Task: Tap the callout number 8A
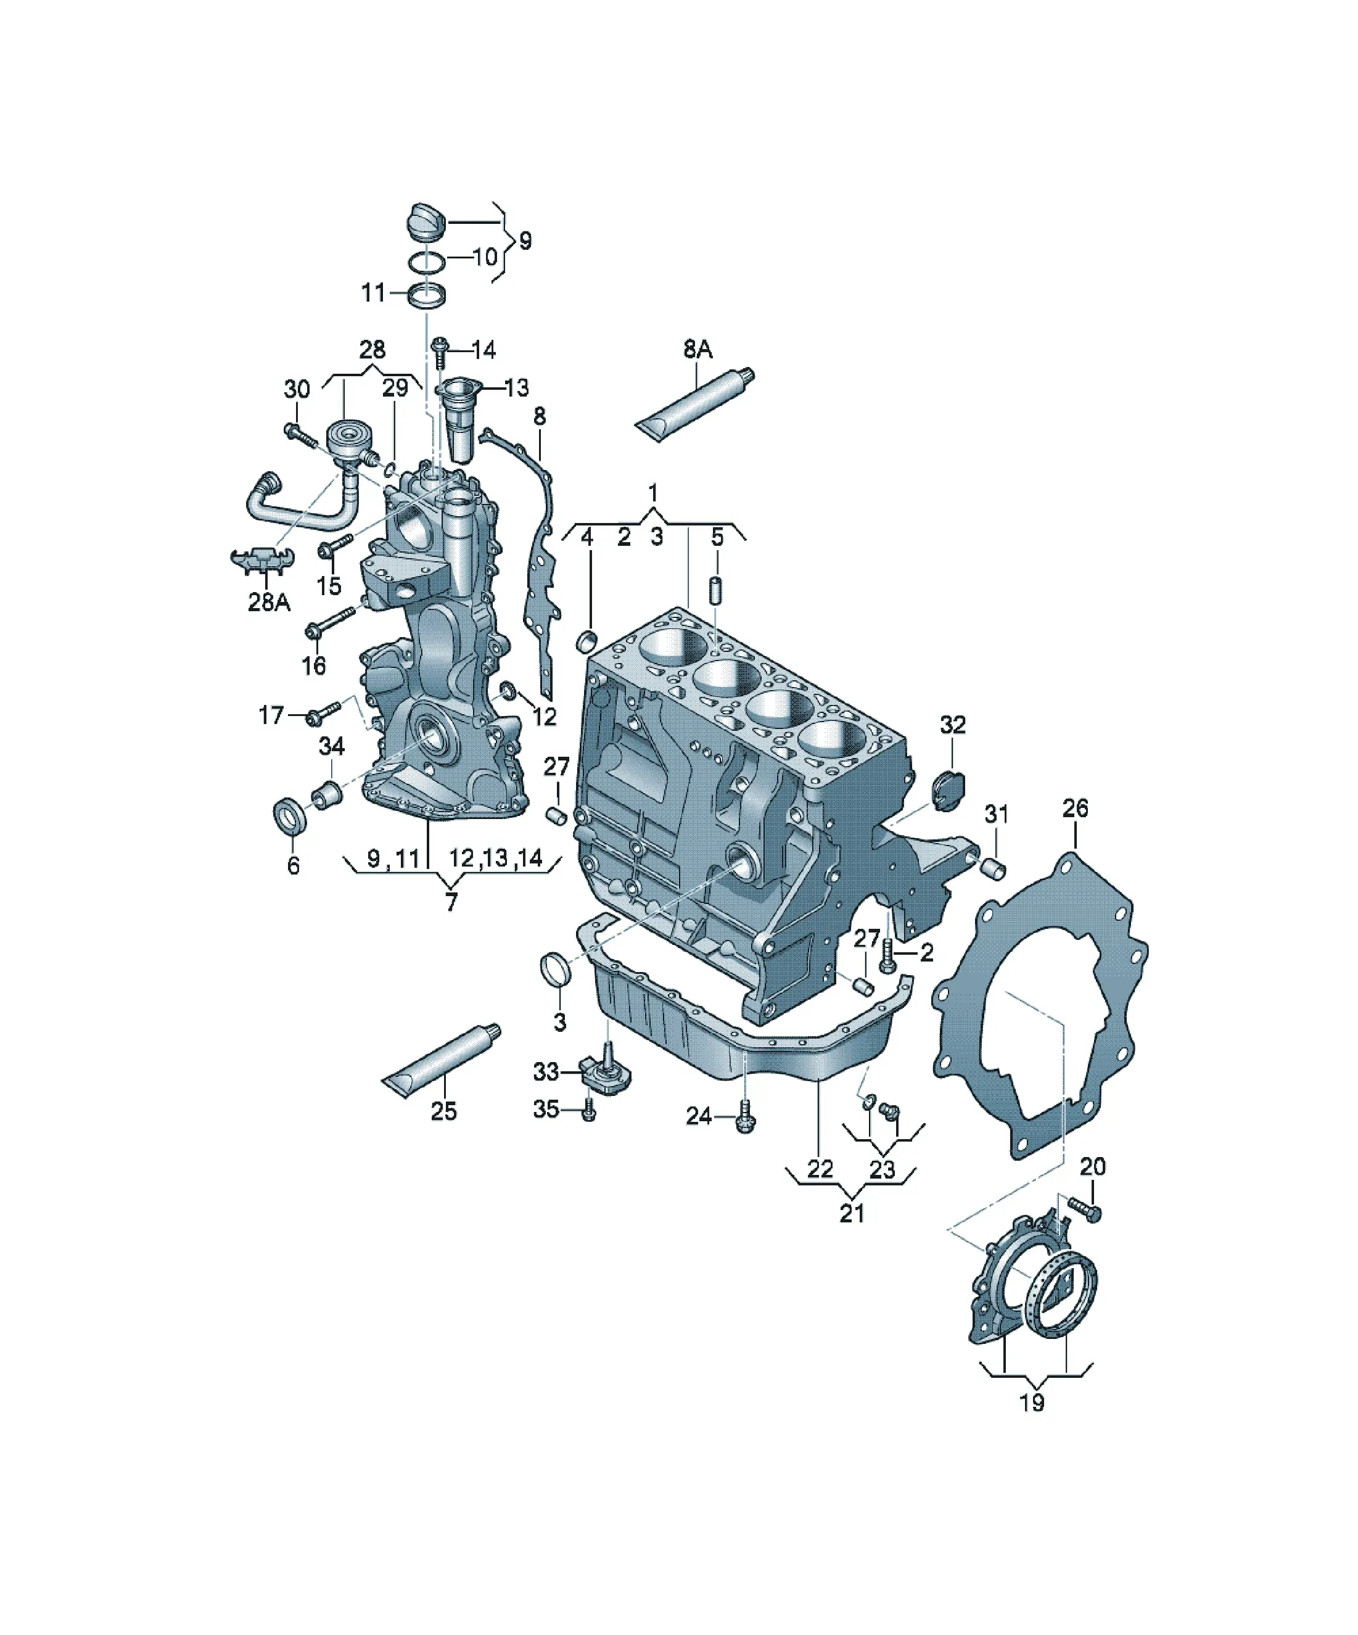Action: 697,350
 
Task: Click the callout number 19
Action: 1032,1403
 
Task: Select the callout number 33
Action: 546,1072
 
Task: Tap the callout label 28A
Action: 269,602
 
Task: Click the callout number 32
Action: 952,725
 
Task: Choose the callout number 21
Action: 852,1213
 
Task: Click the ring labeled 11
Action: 427,295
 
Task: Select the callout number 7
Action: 451,902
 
